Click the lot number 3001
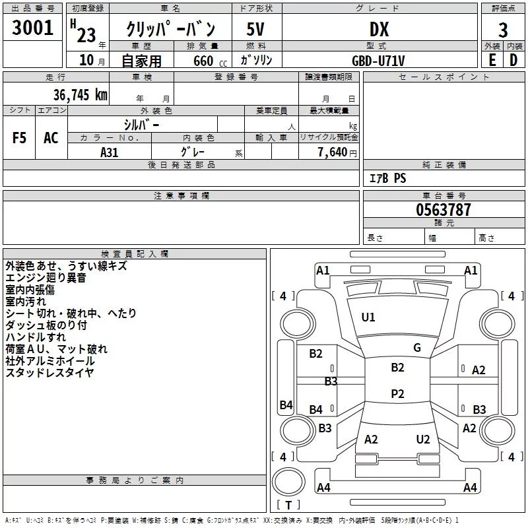tap(33, 28)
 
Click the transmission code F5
tap(20, 138)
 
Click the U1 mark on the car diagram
tap(368, 317)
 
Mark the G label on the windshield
tap(416, 348)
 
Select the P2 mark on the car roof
tap(397, 394)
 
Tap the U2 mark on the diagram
tap(423, 440)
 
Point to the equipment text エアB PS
tap(388, 178)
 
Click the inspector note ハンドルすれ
tap(32, 337)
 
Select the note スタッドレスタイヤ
tap(49, 373)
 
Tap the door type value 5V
tap(256, 30)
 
